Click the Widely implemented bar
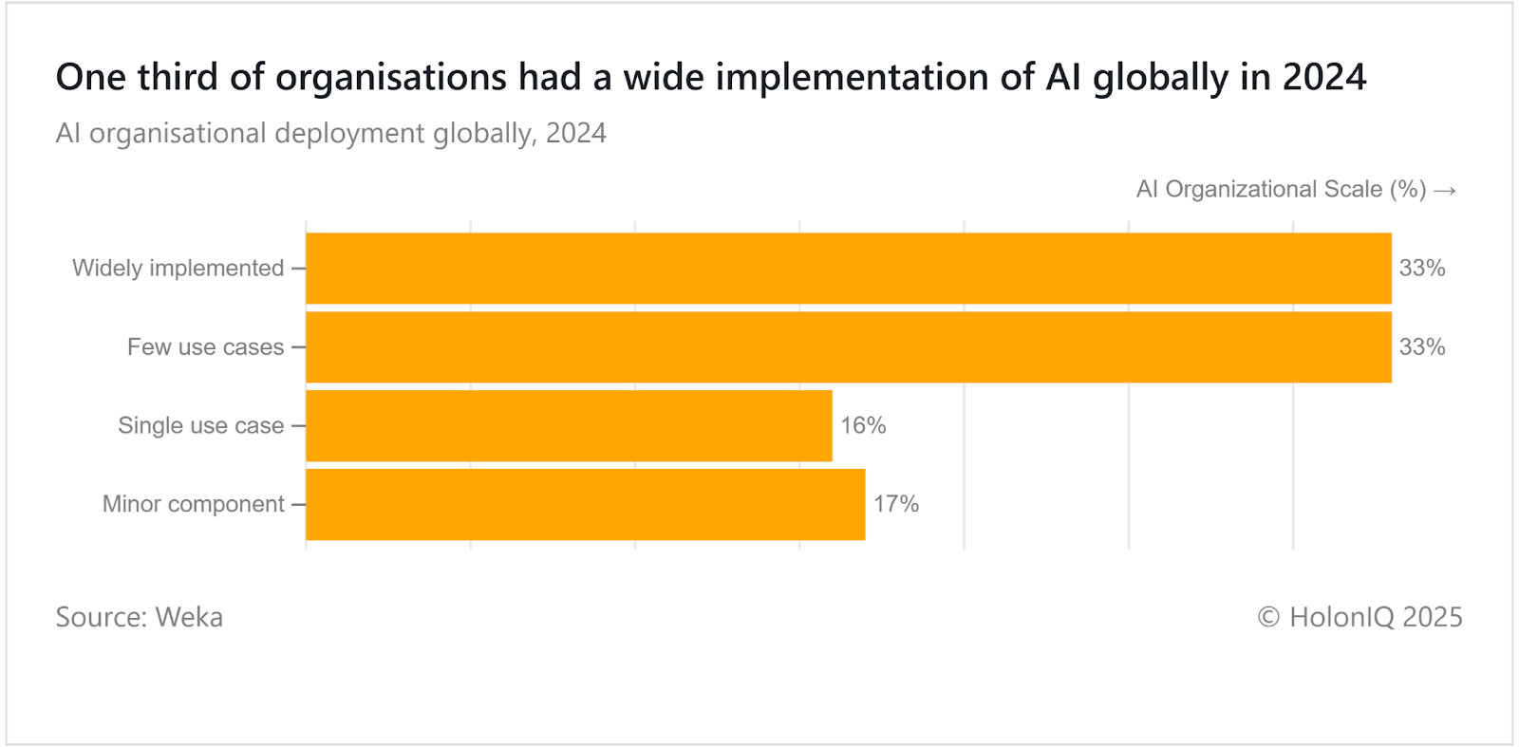[848, 269]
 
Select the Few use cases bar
[848, 347]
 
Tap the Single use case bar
[569, 426]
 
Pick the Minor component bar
[585, 504]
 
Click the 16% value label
[863, 426]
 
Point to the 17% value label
[896, 504]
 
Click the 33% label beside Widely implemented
[1422, 269]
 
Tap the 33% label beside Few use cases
[1422, 347]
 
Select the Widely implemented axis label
[178, 269]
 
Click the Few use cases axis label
[206, 347]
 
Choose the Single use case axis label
[201, 426]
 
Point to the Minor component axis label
[194, 504]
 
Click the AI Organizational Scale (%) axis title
[1281, 190]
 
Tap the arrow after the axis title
[1445, 191]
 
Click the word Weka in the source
[189, 617]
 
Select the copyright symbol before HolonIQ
[1268, 618]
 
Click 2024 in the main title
[1324, 77]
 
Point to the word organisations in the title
[391, 77]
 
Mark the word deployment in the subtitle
[349, 134]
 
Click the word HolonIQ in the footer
[1341, 617]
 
